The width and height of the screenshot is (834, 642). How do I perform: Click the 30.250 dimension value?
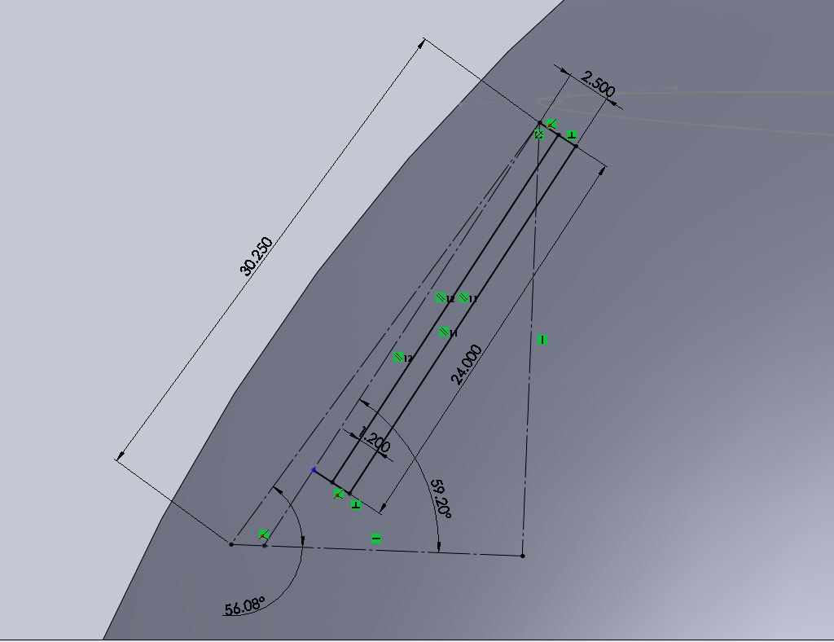click(257, 256)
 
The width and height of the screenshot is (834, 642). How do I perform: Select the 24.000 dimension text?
click(466, 364)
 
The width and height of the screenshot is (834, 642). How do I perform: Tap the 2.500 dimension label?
click(599, 85)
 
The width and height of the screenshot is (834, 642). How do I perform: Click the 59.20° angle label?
click(441, 498)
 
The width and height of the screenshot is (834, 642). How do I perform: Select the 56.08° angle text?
click(244, 606)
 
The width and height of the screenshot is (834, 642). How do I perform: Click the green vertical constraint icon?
click(542, 340)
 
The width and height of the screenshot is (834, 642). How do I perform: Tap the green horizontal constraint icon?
click(376, 539)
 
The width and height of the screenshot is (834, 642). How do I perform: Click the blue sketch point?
click(314, 470)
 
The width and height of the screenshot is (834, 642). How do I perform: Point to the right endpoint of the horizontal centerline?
click(522, 556)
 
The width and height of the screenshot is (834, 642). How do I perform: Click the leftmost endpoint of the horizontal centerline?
click(231, 544)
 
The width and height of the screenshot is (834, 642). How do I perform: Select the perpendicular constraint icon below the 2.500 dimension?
click(571, 135)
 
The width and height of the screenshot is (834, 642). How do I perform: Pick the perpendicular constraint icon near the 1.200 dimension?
click(355, 505)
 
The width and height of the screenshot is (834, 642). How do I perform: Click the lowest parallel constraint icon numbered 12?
click(398, 358)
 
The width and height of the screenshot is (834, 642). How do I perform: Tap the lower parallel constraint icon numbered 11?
click(444, 332)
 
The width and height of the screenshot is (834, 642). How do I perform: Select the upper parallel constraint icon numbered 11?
click(463, 298)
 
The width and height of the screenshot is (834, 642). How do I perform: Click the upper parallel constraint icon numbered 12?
click(441, 298)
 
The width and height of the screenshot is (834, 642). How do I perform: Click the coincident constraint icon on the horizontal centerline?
click(264, 534)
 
